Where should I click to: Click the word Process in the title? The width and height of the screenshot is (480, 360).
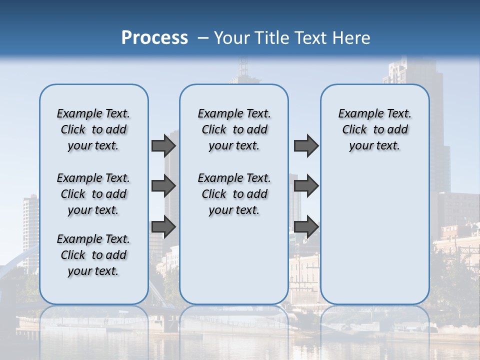coord(154,38)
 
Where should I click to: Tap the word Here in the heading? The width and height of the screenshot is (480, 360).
coord(351,38)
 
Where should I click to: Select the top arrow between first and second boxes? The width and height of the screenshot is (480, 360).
coord(163,145)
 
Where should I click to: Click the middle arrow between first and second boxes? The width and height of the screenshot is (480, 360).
coord(163,186)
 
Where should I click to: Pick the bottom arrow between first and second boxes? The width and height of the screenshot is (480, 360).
coord(163,226)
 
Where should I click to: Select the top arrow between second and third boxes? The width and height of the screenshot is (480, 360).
coord(306,145)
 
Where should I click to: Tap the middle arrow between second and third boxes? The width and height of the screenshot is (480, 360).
coord(306,186)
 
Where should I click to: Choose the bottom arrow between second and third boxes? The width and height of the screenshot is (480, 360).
coord(306,226)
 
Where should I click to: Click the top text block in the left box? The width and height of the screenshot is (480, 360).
coord(93,129)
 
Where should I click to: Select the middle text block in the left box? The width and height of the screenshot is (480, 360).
coord(93,194)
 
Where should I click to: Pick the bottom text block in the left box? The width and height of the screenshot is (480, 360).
coord(93,255)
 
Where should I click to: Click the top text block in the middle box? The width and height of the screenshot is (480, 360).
coord(234,129)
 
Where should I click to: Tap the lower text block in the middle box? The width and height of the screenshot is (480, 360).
coord(234,194)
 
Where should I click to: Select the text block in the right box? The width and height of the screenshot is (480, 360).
coord(375,129)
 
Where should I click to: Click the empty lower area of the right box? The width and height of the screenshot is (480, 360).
coord(375,230)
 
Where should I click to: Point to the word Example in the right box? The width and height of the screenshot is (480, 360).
coord(356,114)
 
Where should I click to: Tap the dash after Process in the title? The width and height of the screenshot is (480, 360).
coord(203,38)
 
